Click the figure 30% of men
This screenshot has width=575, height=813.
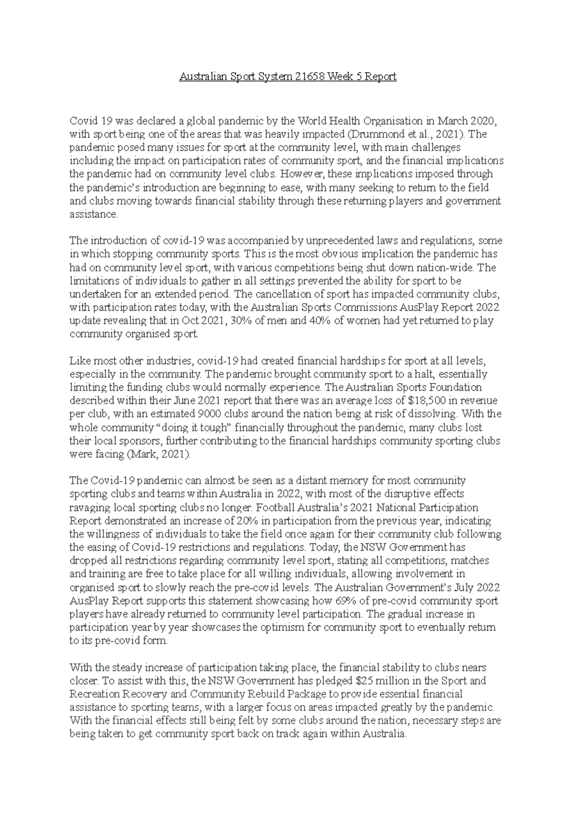coord(259,321)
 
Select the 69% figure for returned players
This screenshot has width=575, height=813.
coord(338,600)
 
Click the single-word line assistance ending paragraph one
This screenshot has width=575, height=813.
coord(93,215)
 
